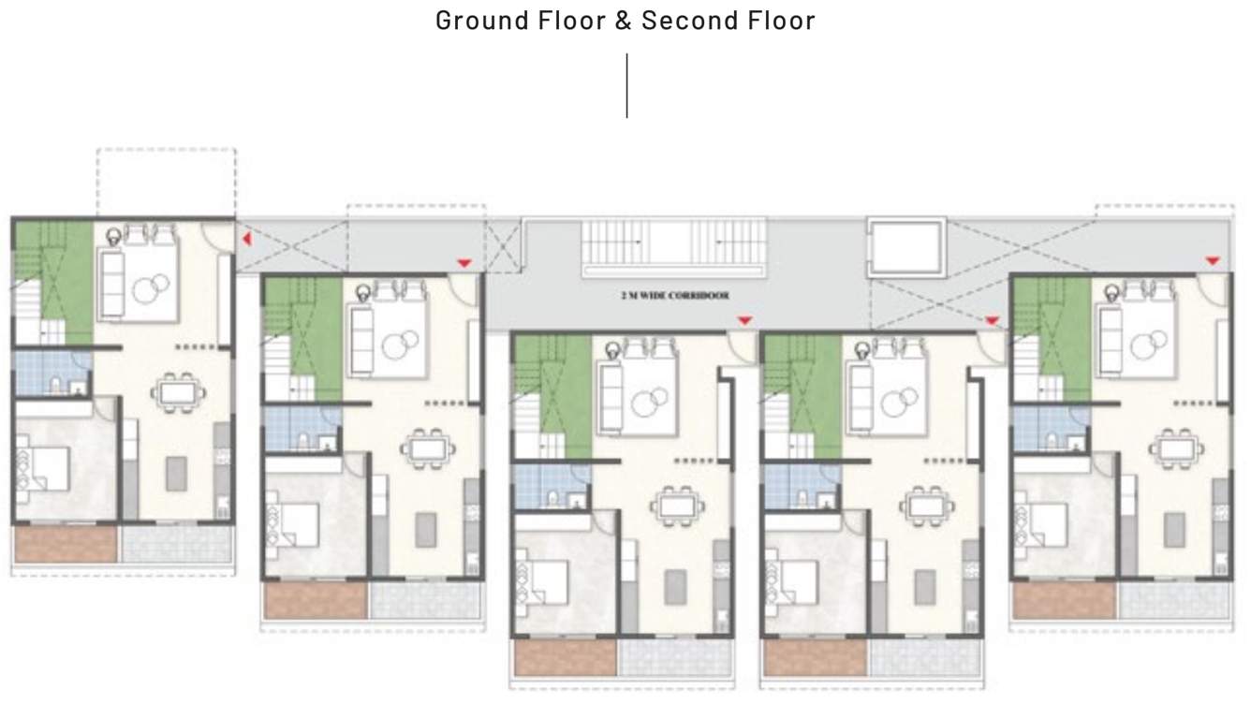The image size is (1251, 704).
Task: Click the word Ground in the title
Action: [473, 21]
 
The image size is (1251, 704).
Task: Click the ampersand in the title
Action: [624, 21]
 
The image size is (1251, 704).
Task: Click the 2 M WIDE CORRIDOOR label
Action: [674, 295]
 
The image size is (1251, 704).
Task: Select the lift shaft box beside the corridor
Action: [905, 248]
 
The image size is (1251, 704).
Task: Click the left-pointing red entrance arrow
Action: [246, 240]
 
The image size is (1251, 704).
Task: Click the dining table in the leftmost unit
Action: [178, 390]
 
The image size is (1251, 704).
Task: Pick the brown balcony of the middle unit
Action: [563, 657]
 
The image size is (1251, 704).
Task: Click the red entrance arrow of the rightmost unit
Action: [1212, 260]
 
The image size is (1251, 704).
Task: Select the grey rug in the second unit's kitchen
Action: [426, 530]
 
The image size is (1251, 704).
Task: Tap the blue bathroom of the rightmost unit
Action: [1035, 428]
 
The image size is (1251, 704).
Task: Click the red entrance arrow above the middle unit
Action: [744, 321]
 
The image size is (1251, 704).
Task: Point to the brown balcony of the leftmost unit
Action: [64, 544]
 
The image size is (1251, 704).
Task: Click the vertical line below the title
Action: [626, 85]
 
